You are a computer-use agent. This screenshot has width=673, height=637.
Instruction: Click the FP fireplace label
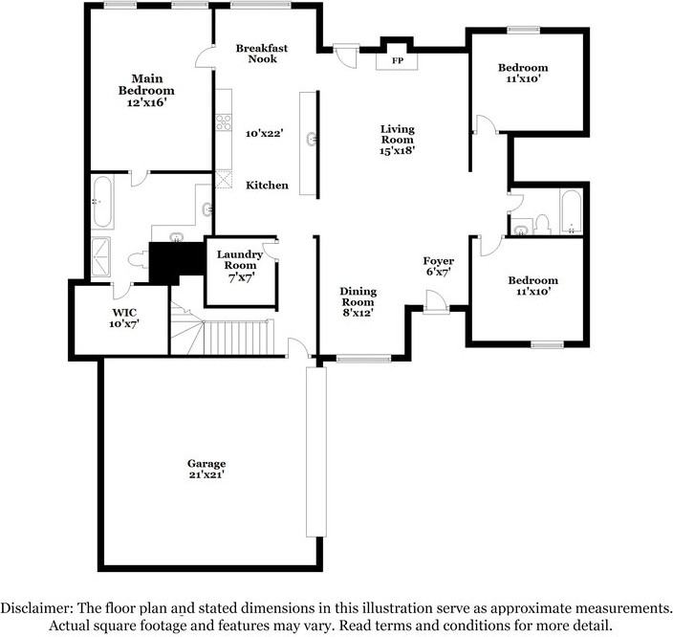point(398,60)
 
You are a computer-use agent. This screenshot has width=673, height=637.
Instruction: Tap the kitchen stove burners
point(223,122)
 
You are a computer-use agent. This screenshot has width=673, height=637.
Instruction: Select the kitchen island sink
point(312,140)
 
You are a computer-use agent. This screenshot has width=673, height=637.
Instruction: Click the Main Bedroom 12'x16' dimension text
point(146,102)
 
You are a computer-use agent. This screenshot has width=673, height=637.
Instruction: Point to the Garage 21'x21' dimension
point(206,474)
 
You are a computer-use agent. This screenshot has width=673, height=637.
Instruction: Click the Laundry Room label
point(240,260)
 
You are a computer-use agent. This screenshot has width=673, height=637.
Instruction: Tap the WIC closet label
point(124,312)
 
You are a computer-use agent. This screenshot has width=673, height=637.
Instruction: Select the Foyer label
point(438,261)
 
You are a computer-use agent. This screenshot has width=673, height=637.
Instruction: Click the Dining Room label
point(358,297)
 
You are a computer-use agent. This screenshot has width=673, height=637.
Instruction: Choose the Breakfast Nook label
point(262,54)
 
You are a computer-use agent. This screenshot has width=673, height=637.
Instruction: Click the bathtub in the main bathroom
point(102,201)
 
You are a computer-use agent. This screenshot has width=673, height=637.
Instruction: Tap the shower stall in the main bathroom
point(101,257)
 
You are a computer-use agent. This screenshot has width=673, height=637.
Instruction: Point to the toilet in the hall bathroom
point(543,225)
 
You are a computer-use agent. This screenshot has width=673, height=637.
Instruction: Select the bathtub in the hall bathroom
point(571,212)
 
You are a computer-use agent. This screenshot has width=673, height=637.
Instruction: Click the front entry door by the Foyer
point(436,302)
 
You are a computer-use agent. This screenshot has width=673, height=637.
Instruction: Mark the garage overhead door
point(315,451)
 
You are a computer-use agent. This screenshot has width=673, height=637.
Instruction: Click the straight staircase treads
point(238,338)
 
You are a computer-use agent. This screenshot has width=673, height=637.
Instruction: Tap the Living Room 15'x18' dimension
point(397,150)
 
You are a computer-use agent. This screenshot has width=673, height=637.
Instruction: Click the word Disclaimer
point(36,608)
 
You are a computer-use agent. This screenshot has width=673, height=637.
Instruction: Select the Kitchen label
point(267,186)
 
